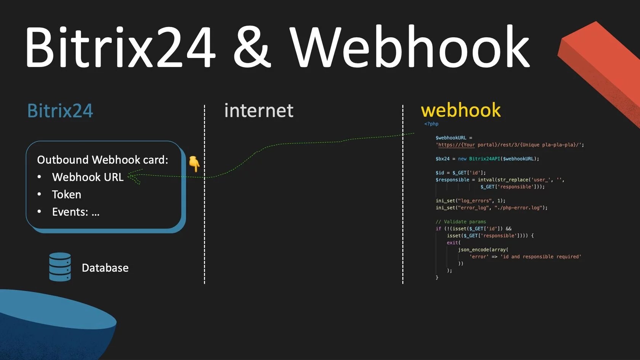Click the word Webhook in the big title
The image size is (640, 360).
tap(410, 47)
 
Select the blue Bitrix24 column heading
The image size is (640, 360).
tap(60, 111)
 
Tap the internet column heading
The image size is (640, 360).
tap(259, 111)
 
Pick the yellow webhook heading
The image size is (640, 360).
tap(461, 110)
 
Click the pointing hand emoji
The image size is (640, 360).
tap(194, 163)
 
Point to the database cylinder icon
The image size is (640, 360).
tap(60, 267)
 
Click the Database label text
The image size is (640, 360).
tap(105, 268)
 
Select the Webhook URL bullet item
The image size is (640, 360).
tap(88, 177)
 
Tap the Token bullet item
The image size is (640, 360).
tap(66, 195)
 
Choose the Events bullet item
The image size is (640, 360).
tap(75, 212)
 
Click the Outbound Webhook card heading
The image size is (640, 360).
tap(102, 160)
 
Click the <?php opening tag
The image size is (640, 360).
tap(431, 124)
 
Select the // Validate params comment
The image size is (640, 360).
tap(461, 222)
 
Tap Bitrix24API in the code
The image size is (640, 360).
tap(484, 159)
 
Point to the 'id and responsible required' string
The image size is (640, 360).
tap(541, 257)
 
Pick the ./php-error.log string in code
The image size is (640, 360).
tap(518, 208)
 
